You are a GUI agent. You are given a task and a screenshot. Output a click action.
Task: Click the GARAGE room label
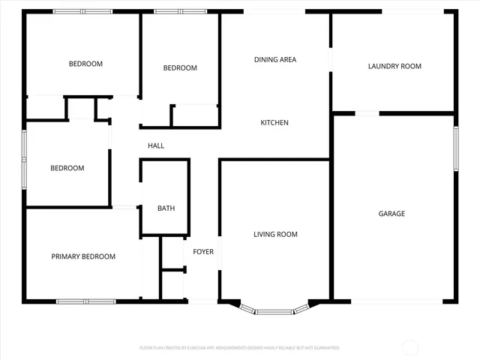pos(391,214)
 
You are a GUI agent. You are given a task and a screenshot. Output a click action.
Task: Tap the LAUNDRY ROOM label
pos(394,66)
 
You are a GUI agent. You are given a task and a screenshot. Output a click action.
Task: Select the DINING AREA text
pos(274,59)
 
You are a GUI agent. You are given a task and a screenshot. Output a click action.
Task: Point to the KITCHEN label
pos(274,123)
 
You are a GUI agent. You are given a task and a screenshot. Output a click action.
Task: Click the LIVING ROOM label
pos(275,235)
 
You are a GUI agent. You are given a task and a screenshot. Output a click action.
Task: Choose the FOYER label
pos(203,251)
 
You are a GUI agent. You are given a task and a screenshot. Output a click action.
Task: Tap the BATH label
pos(165,208)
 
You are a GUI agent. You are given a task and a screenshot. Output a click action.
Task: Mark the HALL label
pos(156,146)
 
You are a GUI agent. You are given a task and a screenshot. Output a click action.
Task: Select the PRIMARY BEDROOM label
pos(83,256)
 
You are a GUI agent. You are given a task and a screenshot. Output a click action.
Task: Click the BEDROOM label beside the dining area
pos(180,68)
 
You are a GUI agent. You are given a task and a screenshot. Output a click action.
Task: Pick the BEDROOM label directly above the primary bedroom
pos(67,168)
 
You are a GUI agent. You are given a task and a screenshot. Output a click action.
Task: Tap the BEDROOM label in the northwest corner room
pos(85,64)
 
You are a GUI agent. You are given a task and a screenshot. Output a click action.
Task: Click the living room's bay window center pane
pos(275,310)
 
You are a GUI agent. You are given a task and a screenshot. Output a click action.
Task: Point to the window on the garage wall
pos(455,148)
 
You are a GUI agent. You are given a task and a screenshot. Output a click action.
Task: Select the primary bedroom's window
pos(86,301)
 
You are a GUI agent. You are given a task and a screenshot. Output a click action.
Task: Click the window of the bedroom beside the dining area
pos(180,12)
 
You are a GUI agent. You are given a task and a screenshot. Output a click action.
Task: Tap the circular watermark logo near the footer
pos(410,347)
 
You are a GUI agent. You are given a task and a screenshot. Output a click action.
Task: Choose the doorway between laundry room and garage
pos(367,113)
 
